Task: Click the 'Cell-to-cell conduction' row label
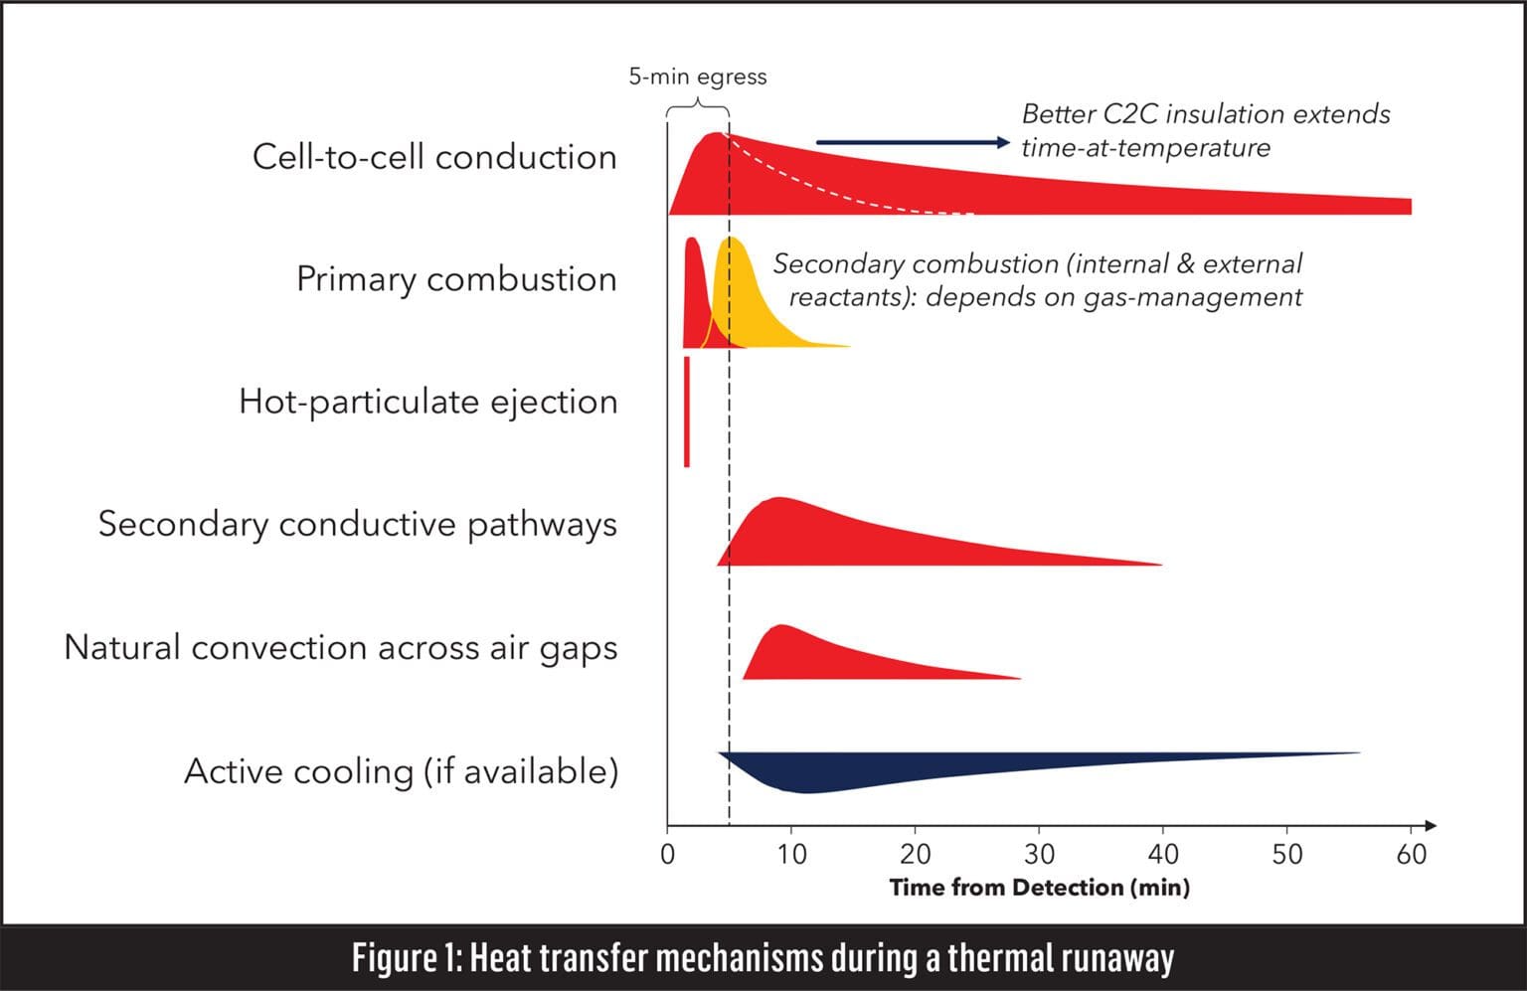[x=434, y=157]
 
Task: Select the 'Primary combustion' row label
[x=456, y=279]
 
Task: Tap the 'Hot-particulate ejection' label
[x=427, y=402]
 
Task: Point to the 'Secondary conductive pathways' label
[x=357, y=524]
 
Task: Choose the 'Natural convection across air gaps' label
[x=340, y=647]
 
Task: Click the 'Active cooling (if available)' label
[x=401, y=771]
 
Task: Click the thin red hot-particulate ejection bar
[x=686, y=412]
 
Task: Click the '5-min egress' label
[x=697, y=77]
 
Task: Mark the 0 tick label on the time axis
[x=667, y=854]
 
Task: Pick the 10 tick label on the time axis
[x=791, y=854]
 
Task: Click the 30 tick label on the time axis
[x=1039, y=854]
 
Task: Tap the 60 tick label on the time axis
[x=1411, y=854]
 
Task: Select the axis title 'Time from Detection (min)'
[x=1039, y=887]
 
